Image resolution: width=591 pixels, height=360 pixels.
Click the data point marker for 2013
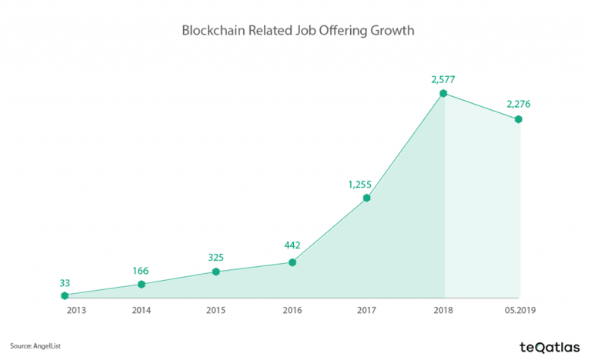click(65, 295)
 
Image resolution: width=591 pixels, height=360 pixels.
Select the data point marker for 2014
click(141, 285)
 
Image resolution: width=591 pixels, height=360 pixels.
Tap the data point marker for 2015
click(216, 272)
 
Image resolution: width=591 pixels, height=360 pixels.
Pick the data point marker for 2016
click(292, 262)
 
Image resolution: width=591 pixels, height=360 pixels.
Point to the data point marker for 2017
click(367, 198)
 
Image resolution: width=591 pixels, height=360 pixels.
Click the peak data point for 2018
click(443, 94)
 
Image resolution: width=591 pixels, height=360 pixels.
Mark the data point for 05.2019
click(519, 119)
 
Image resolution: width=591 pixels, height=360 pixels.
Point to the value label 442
click(292, 246)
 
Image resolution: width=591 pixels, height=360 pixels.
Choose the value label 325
click(216, 256)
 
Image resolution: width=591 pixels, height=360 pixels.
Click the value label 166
click(141, 270)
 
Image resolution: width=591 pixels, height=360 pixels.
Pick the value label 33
click(65, 282)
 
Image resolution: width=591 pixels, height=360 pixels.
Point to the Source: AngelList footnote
click(35, 345)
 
